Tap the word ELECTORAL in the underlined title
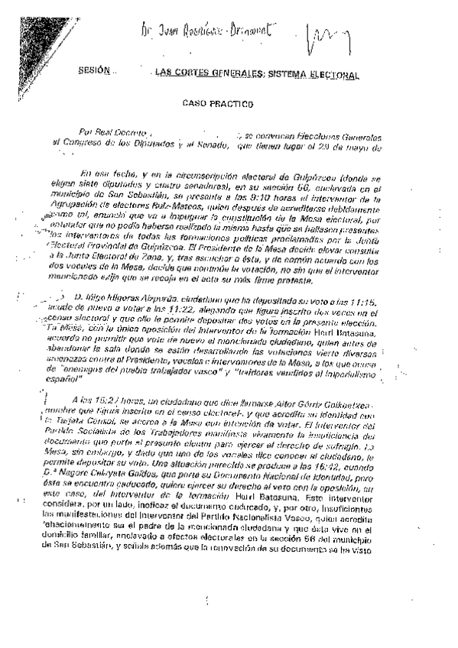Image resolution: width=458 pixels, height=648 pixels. pyautogui.click(x=333, y=74)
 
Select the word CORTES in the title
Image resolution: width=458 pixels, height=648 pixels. pyautogui.click(x=195, y=74)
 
